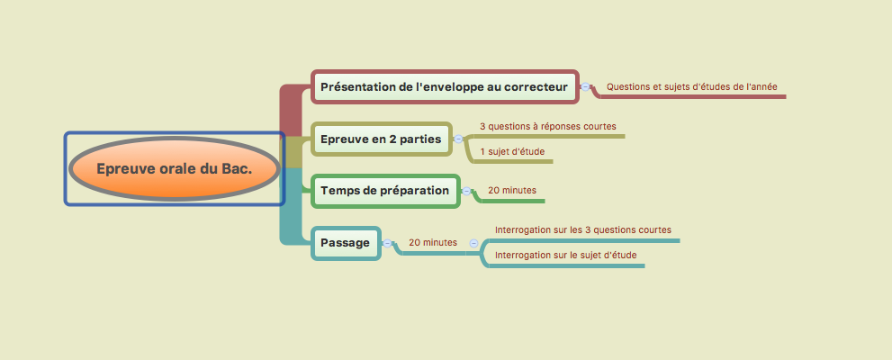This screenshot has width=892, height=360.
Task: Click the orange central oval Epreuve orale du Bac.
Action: click(x=174, y=169)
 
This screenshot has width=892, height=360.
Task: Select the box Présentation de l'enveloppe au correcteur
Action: click(x=445, y=87)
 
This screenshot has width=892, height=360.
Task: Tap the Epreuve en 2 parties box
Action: click(x=381, y=139)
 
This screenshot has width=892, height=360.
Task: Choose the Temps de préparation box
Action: click(x=385, y=191)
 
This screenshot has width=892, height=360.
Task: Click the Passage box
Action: click(x=346, y=243)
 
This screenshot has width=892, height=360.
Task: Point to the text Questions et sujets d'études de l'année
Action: click(x=692, y=86)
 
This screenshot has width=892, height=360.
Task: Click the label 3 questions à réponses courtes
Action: click(x=548, y=126)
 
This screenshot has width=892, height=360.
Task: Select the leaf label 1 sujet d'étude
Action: click(x=512, y=151)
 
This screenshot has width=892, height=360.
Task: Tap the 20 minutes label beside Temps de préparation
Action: click(x=512, y=190)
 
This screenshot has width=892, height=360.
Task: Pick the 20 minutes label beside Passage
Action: click(x=433, y=242)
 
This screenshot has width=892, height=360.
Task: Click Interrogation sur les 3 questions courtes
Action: click(x=583, y=229)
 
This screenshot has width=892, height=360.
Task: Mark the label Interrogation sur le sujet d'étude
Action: click(x=565, y=255)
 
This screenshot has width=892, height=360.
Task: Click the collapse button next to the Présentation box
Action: click(x=585, y=87)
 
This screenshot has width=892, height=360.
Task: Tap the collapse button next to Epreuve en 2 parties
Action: click(x=458, y=139)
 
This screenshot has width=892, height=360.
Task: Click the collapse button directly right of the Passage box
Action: click(x=387, y=243)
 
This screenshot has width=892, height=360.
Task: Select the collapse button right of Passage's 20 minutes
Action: click(x=473, y=243)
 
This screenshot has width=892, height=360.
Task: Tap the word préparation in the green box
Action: click(x=412, y=191)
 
